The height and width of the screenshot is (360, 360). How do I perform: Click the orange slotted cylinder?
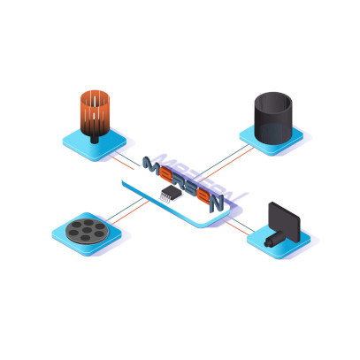(x=95, y=113)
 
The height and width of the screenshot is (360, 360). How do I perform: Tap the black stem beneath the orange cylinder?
(x=95, y=140)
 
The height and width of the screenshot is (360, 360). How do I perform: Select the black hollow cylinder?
(x=273, y=119)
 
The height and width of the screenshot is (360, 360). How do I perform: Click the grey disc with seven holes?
(x=87, y=232)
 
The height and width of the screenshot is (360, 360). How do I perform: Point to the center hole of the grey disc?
(x=87, y=230)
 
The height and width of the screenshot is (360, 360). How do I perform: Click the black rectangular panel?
(x=284, y=222)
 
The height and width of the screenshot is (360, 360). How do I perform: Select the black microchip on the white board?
(x=172, y=193)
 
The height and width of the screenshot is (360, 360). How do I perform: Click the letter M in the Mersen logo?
(x=151, y=166)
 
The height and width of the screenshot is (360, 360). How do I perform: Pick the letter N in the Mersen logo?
(x=216, y=203)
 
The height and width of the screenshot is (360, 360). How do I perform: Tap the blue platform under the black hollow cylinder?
(x=272, y=139)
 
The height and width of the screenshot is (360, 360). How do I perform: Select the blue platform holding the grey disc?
(x=87, y=234)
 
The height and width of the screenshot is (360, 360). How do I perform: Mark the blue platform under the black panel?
(x=279, y=242)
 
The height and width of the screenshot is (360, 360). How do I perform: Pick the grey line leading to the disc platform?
(x=125, y=210)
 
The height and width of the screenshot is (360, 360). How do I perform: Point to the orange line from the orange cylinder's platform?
(x=121, y=163)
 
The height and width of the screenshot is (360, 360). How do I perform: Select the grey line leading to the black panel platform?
(x=241, y=226)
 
